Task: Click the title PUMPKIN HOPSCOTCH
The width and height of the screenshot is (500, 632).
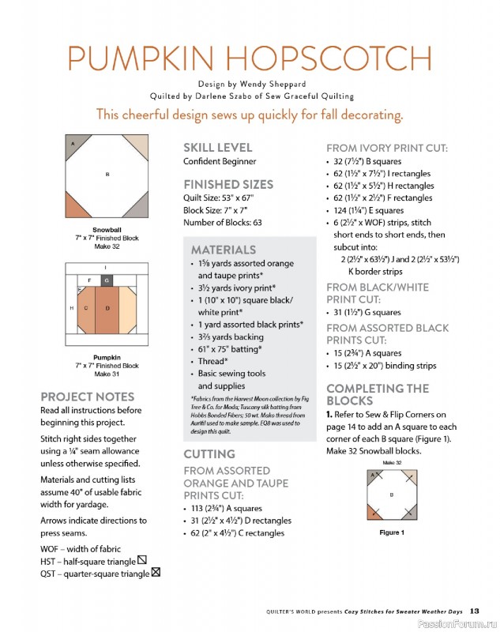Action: pos(250,58)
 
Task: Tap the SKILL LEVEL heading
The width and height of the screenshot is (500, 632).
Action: pos(217,148)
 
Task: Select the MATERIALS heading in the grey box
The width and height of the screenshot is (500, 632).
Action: pos(224,250)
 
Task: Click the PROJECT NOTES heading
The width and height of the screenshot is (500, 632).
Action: pos(88,397)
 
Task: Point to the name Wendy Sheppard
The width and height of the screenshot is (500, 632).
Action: pos(273,85)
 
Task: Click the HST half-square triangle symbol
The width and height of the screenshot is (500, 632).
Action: pos(142,560)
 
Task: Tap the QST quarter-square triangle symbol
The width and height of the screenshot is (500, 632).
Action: pos(156,572)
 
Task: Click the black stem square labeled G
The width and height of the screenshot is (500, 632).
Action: pos(107,280)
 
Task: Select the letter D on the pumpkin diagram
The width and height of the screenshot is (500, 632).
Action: pos(107,308)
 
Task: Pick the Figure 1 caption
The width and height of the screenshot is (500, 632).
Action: pos(392,532)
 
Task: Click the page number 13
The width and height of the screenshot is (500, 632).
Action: pos(474,611)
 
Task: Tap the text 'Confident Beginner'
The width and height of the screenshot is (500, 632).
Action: pos(220,161)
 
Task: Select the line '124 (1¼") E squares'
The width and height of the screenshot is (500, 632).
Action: pos(368,210)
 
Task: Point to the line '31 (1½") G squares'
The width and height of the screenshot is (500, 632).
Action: pos(367,312)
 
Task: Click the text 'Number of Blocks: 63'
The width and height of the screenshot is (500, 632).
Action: pos(223,223)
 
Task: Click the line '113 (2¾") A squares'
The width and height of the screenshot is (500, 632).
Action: pos(227,509)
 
